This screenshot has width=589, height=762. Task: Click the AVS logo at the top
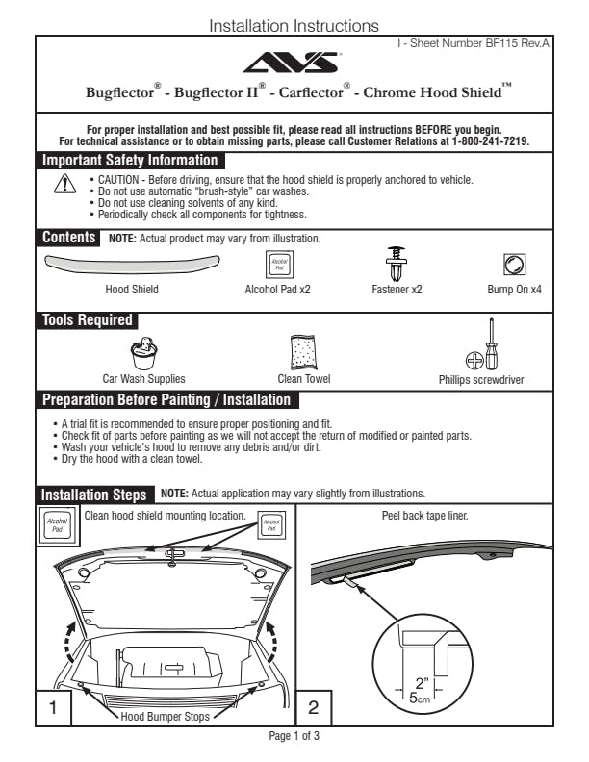pyautogui.click(x=293, y=63)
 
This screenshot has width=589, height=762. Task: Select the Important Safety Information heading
pyautogui.click(x=129, y=161)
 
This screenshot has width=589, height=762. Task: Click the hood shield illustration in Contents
pyautogui.click(x=132, y=262)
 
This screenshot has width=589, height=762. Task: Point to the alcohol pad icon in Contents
pyautogui.click(x=278, y=263)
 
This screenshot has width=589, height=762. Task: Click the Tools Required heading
pyautogui.click(x=87, y=320)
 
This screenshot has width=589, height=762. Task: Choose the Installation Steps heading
pyautogui.click(x=94, y=495)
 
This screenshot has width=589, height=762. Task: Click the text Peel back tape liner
pyautogui.click(x=425, y=516)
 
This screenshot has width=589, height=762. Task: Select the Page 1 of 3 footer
pyautogui.click(x=294, y=736)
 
